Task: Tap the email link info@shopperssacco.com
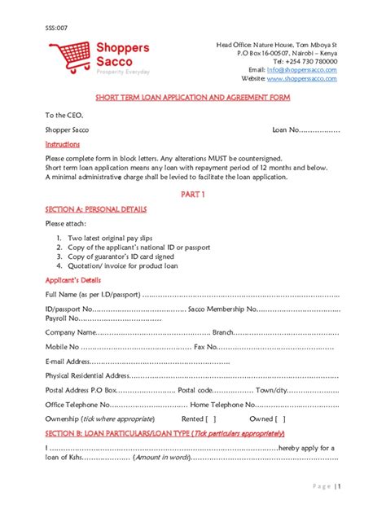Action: (x=307, y=70)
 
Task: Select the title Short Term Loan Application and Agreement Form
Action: (x=193, y=98)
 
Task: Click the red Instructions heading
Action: (x=63, y=144)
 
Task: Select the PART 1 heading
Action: (x=193, y=195)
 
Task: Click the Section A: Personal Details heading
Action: (x=96, y=209)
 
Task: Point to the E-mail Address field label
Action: (x=68, y=361)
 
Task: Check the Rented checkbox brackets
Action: (x=209, y=419)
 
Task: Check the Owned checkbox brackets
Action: (x=279, y=419)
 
